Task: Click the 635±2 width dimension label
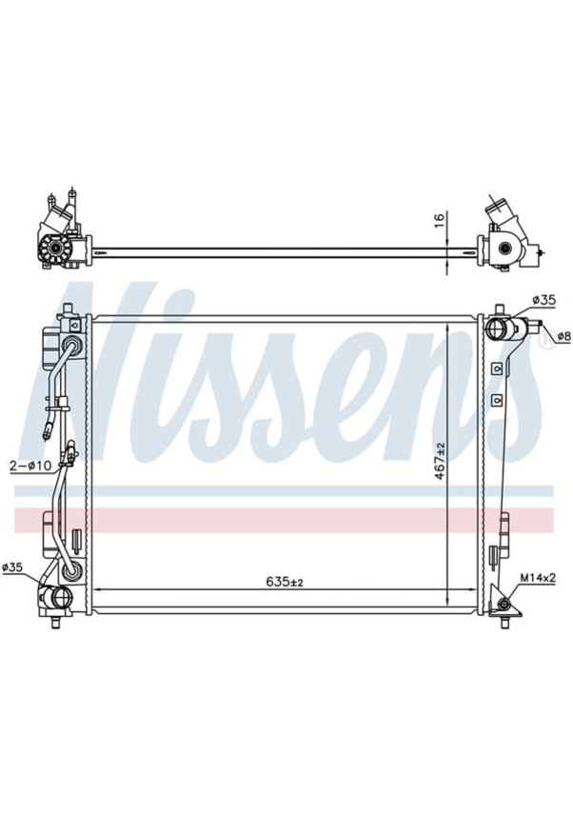point(273,580)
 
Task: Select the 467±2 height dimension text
point(440,461)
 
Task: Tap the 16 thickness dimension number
point(438,219)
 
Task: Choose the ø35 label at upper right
point(543,301)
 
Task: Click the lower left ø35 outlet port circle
point(61,598)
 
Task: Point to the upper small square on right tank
point(496,368)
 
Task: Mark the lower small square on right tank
point(496,401)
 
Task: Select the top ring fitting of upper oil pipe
point(69,342)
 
